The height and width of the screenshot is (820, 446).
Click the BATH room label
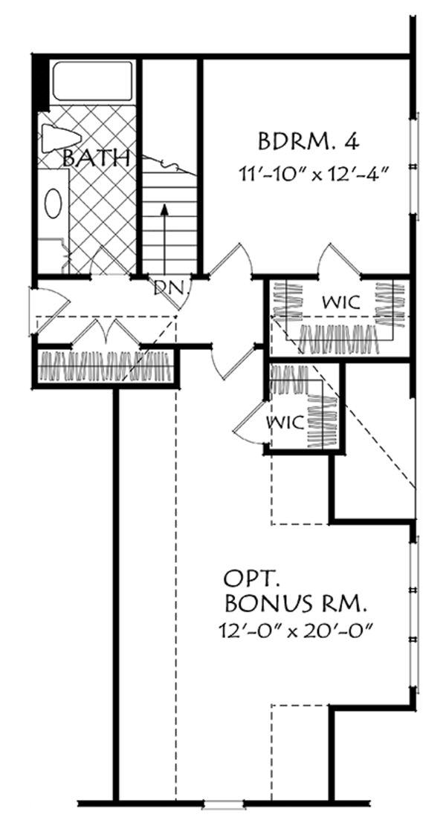[96, 157]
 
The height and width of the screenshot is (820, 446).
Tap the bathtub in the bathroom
[92, 81]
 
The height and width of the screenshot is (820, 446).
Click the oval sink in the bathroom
[54, 202]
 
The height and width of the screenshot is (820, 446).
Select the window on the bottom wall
[224, 803]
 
